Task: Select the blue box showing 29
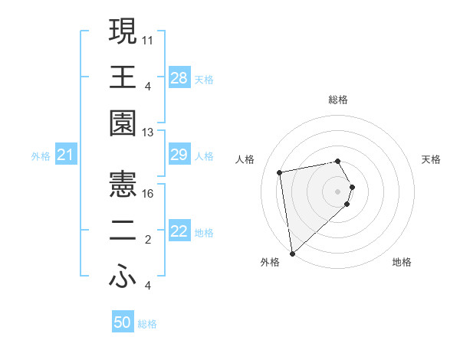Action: pos(179,155)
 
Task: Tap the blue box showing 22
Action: pos(179,232)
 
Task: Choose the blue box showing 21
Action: pos(66,155)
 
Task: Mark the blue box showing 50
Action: pos(123,322)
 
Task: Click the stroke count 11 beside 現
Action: pos(149,38)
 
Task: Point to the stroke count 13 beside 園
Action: pos(149,133)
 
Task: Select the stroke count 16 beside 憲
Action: pos(149,193)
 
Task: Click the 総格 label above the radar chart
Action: pos(338,100)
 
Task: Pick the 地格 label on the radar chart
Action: pos(402,262)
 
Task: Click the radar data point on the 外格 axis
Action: pos(293,253)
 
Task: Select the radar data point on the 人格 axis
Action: pos(280,172)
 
